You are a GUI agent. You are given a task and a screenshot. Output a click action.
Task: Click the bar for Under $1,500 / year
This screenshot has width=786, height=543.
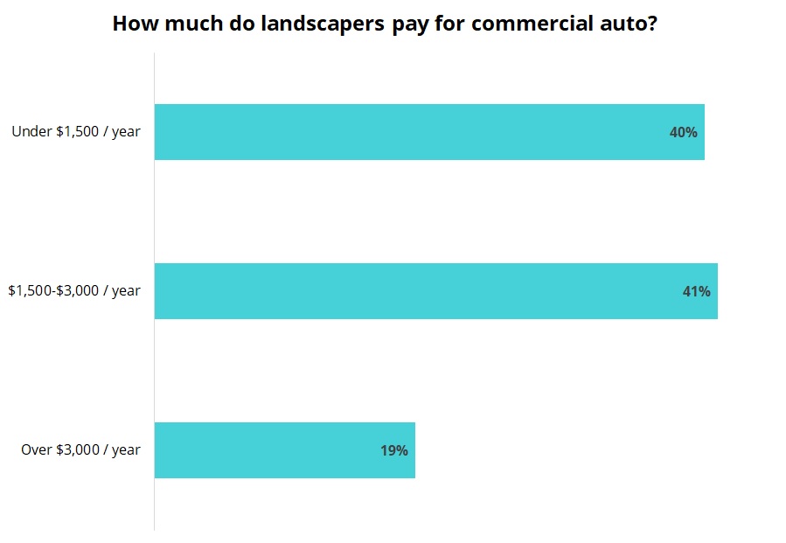pyautogui.click(x=428, y=132)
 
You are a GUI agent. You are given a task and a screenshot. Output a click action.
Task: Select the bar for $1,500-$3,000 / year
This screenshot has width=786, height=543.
pyautogui.click(x=435, y=291)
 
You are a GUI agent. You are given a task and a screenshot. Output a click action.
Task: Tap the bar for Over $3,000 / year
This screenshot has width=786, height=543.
pyautogui.click(x=284, y=450)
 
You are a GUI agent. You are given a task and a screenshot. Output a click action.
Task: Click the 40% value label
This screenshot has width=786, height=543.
pyautogui.click(x=683, y=133)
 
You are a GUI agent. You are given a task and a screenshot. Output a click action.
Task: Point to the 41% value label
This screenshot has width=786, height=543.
pyautogui.click(x=696, y=292)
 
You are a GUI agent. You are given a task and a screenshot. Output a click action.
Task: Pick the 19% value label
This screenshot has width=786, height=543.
pyautogui.click(x=393, y=451)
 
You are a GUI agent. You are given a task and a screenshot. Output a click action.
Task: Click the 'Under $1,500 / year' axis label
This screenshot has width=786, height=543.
pyautogui.click(x=76, y=132)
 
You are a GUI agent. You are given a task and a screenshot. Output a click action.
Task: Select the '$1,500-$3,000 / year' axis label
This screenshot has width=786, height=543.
pyautogui.click(x=74, y=291)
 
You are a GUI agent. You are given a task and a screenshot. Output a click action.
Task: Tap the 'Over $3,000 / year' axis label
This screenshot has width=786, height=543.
pyautogui.click(x=80, y=450)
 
